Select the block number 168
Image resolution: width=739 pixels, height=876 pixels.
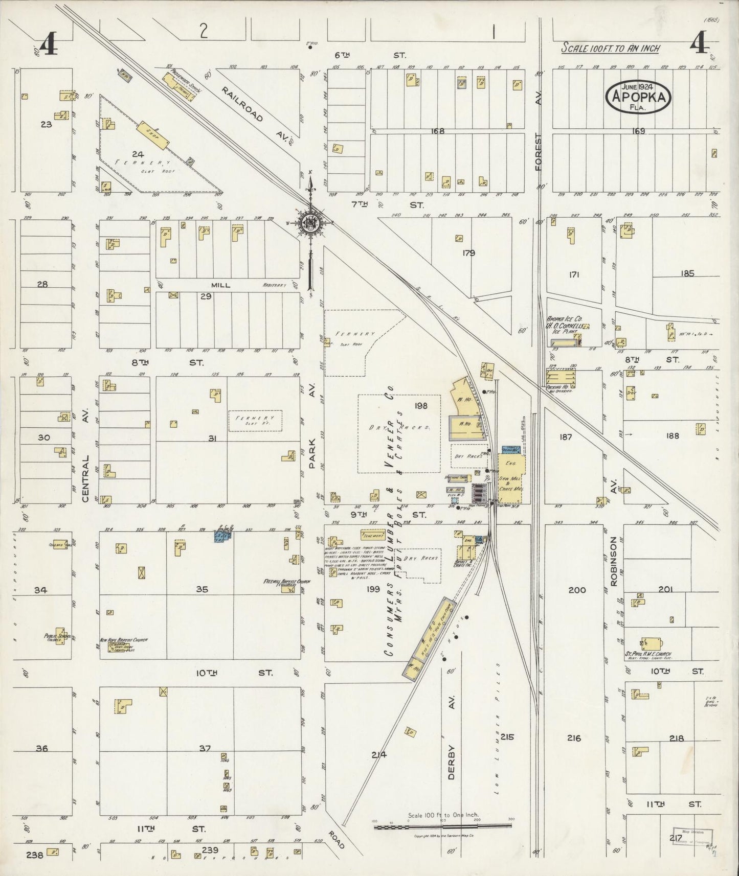coord(438,131)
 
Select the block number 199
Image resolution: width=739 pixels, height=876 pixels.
coord(373,589)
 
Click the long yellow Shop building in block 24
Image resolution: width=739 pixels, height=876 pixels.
coord(151,135)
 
